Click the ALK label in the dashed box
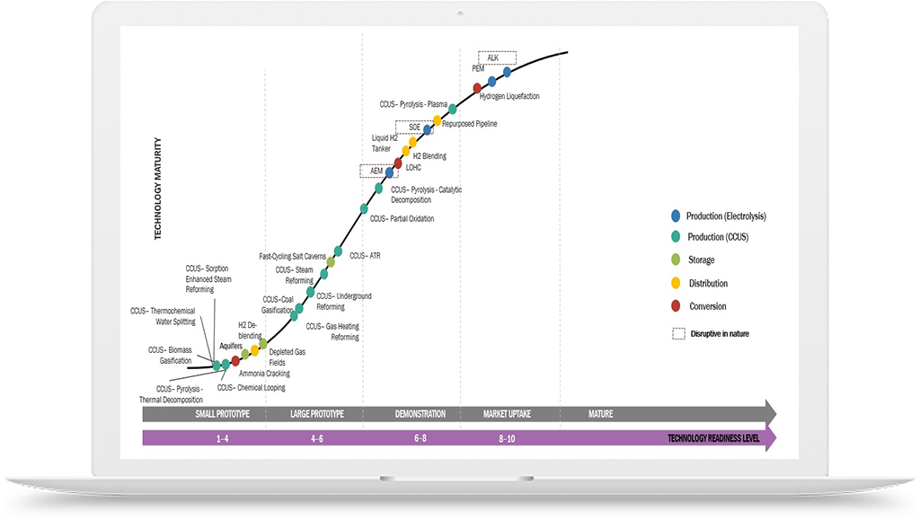tap(492, 57)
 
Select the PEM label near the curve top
tap(478, 68)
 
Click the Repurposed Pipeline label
tap(469, 124)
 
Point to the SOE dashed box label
tap(414, 127)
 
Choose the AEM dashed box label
tap(376, 170)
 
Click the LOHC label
tap(413, 167)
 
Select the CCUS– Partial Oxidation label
tap(402, 218)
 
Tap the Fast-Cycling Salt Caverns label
tap(292, 256)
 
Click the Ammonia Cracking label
tap(264, 373)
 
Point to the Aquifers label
tap(232, 346)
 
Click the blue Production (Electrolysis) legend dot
tap(676, 216)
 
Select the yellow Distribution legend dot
tap(676, 284)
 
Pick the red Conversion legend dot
tap(676, 306)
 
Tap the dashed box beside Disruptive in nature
tap(678, 333)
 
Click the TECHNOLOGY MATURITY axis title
tap(158, 188)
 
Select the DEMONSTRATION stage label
tap(420, 414)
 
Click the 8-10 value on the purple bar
tap(508, 439)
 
